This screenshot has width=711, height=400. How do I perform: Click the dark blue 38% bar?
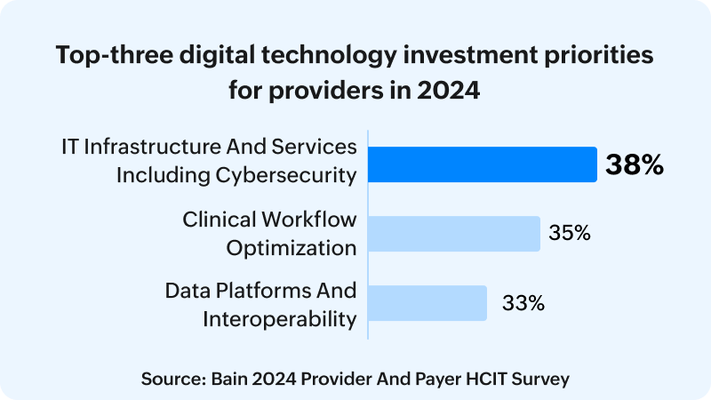(483, 164)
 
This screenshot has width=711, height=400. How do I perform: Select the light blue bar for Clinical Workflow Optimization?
(454, 234)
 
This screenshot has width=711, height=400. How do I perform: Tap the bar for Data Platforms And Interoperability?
(427, 302)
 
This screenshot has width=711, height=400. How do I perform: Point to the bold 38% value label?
(635, 164)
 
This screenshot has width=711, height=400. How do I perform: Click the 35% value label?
(570, 234)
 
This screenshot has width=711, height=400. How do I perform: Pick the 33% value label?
(523, 302)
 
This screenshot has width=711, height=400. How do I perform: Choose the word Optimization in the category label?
(292, 247)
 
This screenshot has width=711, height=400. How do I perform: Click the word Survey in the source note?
(541, 378)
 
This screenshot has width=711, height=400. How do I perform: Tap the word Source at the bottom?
(168, 378)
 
